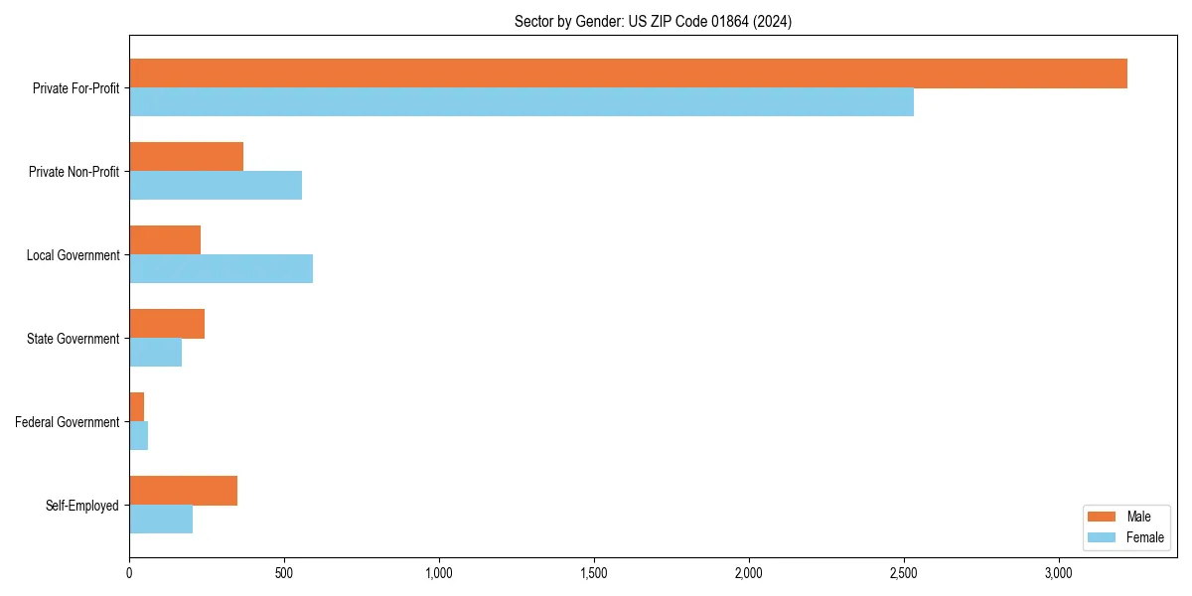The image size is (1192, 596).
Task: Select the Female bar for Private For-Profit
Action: point(521,102)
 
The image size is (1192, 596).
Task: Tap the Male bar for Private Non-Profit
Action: point(187,157)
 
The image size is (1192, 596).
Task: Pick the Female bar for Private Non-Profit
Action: point(216,186)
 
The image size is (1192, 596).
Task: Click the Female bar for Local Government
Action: point(221,269)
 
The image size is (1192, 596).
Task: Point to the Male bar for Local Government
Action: point(165,240)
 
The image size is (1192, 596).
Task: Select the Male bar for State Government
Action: point(167,324)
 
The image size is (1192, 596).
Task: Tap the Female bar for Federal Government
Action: point(139,436)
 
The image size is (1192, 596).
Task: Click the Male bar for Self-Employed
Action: point(184,491)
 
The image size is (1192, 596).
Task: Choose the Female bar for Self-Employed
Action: point(161,520)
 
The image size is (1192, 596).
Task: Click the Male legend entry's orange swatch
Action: point(1103,517)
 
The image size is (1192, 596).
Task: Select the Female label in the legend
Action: point(1144,537)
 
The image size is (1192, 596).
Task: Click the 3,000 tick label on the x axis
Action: point(1058,573)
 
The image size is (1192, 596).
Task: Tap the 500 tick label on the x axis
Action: point(284,573)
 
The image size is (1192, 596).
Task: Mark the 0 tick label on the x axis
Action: point(129,573)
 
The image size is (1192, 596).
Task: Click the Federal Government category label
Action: point(68,422)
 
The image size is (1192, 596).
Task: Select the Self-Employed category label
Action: point(82,506)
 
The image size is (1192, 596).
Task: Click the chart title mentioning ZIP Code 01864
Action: point(653,21)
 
